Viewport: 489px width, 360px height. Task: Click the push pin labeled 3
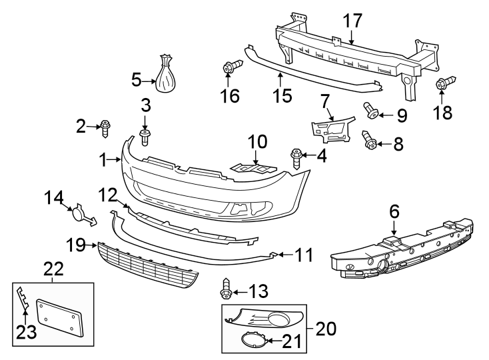tap(146, 137)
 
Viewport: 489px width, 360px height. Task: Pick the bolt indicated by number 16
tap(231, 68)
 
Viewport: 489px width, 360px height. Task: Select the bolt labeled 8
tap(368, 139)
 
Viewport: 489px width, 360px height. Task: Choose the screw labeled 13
tap(226, 291)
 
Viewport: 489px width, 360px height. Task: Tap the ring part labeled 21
tap(252, 342)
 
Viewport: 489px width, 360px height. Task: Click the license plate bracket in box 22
tap(61, 316)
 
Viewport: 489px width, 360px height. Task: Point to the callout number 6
tap(394, 212)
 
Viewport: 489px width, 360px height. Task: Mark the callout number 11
tap(304, 255)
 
